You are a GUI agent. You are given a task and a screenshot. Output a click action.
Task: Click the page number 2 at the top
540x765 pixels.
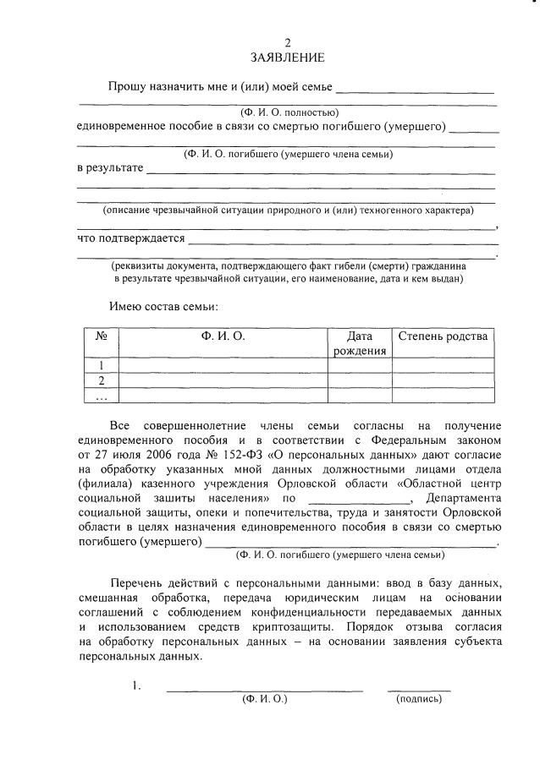pos(287,42)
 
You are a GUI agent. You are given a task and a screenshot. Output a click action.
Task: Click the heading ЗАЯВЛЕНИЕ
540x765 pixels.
pos(287,57)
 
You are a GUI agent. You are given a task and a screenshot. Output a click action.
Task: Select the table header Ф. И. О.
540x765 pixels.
pos(223,336)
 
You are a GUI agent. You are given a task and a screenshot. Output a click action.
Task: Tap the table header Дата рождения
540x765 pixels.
pos(359,343)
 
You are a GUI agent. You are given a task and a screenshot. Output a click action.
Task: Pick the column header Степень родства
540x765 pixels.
pos(443,336)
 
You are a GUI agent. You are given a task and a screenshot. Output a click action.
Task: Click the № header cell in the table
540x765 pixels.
pos(101,336)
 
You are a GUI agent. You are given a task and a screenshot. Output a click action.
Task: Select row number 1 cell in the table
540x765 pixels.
pos(101,365)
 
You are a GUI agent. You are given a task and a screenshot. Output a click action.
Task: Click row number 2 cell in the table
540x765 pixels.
pos(101,380)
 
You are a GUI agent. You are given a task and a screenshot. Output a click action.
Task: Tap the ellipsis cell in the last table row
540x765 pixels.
pos(101,396)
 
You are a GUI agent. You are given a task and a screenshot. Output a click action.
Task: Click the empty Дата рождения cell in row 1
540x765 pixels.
pos(359,365)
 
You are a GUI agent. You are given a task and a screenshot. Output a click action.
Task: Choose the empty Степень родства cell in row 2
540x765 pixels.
pos(443,380)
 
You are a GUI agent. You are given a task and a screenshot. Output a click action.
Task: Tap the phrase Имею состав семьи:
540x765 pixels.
pos(163,305)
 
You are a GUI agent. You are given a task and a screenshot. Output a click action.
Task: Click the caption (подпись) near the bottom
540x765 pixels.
pos(419,698)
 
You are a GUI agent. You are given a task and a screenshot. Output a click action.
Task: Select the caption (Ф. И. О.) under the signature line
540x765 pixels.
pos(265,698)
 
